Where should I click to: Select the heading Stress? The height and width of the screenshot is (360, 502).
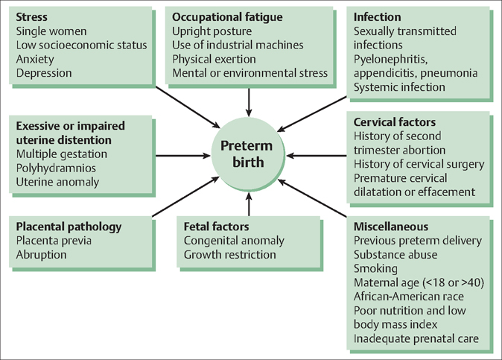[34, 16]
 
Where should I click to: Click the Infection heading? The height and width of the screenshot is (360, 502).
[378, 16]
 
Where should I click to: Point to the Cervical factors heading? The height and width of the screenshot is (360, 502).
[395, 122]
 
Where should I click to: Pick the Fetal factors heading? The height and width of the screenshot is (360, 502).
[217, 227]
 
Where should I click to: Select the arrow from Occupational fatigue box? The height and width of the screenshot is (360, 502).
[249, 99]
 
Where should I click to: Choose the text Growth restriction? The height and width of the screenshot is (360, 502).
[229, 255]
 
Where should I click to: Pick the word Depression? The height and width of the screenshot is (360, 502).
[44, 73]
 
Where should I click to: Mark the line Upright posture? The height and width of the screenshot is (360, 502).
[212, 31]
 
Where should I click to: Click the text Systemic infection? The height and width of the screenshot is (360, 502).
[399, 87]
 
